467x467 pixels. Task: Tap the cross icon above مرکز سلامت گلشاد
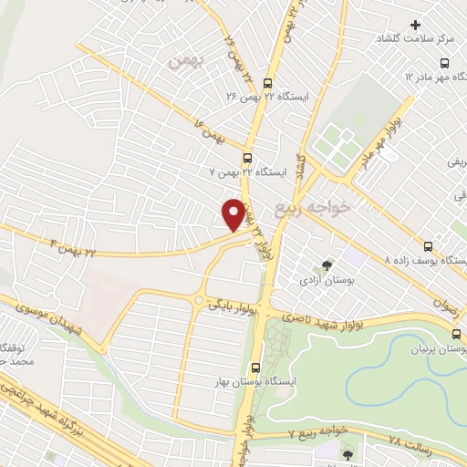coord(416,25)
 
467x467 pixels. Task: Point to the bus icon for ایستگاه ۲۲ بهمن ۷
coord(247,157)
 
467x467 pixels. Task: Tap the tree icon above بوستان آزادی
coord(327,265)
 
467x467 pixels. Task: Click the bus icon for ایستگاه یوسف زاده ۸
coord(429,245)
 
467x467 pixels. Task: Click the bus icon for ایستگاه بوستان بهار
coord(255,368)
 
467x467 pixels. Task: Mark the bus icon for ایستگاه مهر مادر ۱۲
coord(444,64)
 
